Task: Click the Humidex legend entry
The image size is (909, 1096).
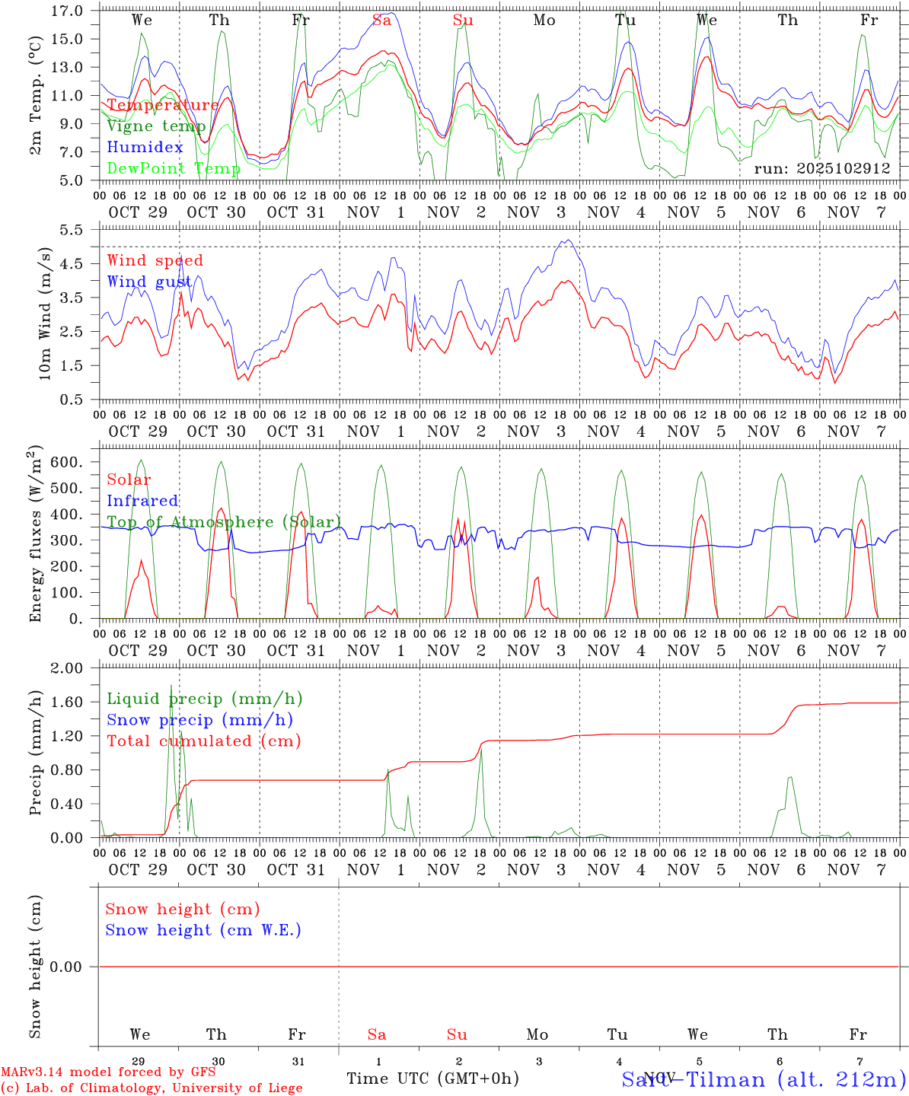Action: pos(145,147)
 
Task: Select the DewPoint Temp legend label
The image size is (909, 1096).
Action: pos(174,168)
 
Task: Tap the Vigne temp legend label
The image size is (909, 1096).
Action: pos(156,126)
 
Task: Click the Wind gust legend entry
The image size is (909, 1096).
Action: pos(149,282)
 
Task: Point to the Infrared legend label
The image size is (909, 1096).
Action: pos(142,501)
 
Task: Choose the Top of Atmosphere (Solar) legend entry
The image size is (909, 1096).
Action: pos(224,522)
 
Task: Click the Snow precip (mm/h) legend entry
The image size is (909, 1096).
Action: pos(199,720)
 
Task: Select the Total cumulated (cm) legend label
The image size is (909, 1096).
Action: pos(204,741)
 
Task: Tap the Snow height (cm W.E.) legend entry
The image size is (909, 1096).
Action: pos(203,930)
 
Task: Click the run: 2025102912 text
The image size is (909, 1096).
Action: pos(821,168)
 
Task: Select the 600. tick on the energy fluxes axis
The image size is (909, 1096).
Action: pos(67,462)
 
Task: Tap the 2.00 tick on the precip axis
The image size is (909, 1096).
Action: pos(67,668)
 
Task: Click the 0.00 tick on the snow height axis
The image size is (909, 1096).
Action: pos(67,967)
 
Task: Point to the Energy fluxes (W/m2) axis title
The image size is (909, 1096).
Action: pos(35,536)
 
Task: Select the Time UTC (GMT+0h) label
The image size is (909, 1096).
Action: pos(432,1078)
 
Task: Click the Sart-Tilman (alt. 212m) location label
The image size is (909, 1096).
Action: pos(764,1079)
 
